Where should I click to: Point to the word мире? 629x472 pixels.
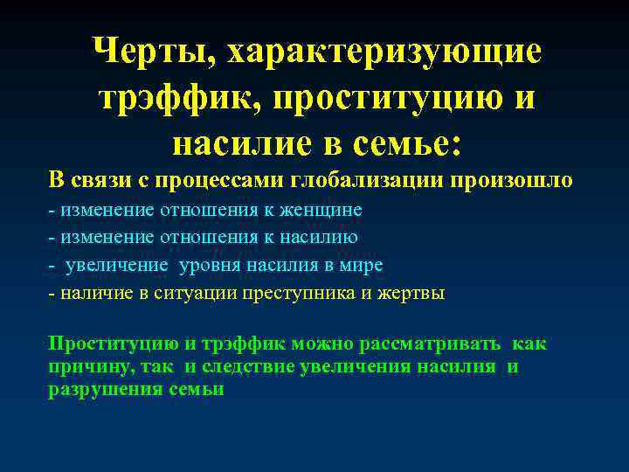[364, 265]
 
